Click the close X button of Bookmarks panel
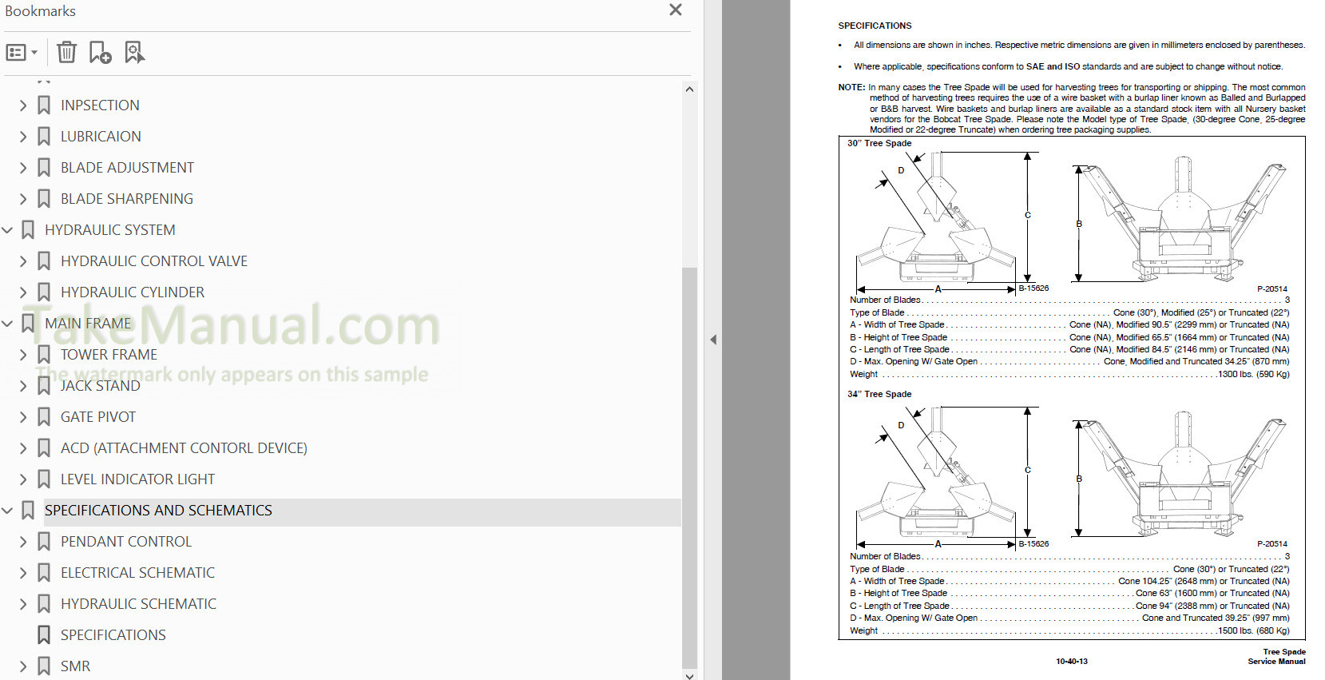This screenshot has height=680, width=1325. point(676,10)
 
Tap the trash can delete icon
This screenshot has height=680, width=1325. point(66,52)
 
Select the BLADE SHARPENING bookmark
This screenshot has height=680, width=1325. point(126,199)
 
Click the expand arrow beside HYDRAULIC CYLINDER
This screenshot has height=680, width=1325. point(23,292)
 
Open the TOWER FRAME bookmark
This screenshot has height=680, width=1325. point(109,355)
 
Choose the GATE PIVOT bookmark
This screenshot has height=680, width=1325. point(98,417)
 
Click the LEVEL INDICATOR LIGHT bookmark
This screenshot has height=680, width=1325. point(138,479)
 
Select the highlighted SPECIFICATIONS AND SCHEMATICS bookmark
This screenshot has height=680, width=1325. point(158,511)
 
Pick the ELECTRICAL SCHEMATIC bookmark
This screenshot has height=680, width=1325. point(138,573)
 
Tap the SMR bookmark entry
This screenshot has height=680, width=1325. point(76,666)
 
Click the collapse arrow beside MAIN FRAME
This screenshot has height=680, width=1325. point(7,324)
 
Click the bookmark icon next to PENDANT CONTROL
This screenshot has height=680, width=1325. point(44,542)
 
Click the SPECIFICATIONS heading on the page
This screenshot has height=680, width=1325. point(875,26)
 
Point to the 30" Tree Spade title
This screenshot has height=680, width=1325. point(879,143)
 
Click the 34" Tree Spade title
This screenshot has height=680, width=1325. point(879,394)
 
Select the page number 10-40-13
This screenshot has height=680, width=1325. point(1071,662)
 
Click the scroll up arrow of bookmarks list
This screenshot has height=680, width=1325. point(689,89)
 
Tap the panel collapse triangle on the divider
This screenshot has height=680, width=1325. point(713,340)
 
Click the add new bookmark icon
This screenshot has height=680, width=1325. point(100,52)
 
